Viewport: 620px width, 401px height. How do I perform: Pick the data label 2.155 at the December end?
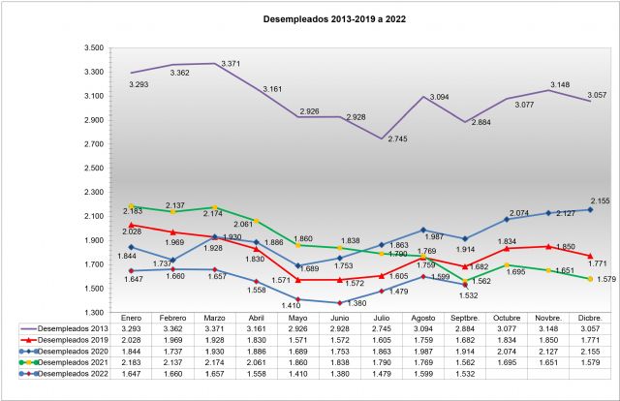tap(601, 200)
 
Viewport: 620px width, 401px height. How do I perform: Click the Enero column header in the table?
tap(132, 318)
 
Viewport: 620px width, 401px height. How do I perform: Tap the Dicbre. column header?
tap(590, 318)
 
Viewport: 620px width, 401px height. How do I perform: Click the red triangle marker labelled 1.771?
tap(590, 256)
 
